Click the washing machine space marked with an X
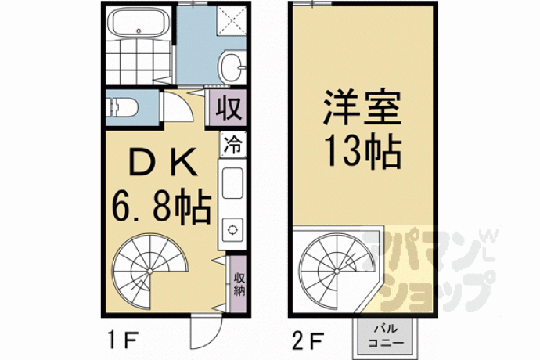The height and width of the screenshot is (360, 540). (232, 20)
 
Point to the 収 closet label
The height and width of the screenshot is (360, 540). (229, 108)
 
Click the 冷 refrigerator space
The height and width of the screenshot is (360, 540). (233, 144)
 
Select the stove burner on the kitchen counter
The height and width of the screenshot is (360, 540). (232, 229)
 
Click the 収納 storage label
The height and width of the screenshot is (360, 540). (239, 284)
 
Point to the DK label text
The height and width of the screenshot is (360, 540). (163, 161)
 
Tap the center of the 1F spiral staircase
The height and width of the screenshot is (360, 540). (149, 271)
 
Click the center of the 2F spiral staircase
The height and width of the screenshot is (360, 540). (337, 271)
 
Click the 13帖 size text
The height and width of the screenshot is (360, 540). (363, 152)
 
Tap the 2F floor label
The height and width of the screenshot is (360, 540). (308, 340)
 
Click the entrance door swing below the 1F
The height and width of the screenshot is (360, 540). (206, 331)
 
